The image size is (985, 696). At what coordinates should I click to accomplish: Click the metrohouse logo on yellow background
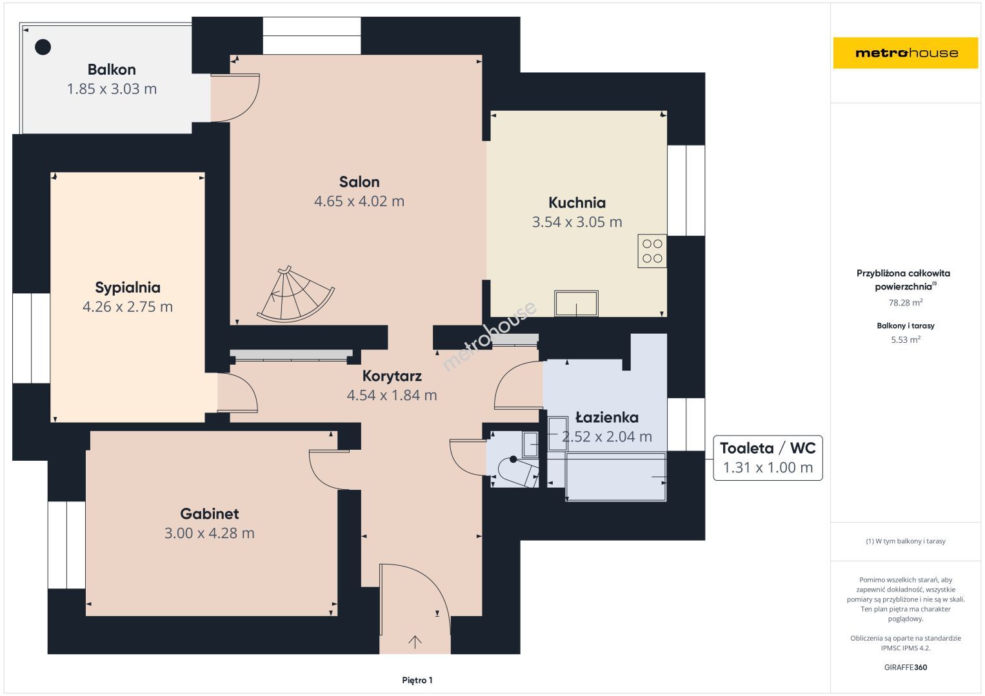(x=906, y=53)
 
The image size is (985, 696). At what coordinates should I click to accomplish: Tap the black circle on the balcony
(x=43, y=47)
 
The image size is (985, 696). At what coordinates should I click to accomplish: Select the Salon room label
(x=359, y=182)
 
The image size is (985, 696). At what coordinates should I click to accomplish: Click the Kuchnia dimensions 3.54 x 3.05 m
(x=577, y=222)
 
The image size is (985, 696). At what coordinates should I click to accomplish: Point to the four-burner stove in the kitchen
(x=652, y=251)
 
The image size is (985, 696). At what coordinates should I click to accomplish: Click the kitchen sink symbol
(x=576, y=303)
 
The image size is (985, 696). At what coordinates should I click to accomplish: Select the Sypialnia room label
(x=128, y=287)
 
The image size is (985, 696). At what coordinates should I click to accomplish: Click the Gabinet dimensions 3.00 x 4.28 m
(x=209, y=533)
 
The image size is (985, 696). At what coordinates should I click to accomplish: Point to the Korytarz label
(x=392, y=376)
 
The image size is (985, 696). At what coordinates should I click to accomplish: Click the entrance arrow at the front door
(x=415, y=642)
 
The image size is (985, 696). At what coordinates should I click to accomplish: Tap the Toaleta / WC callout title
(x=768, y=448)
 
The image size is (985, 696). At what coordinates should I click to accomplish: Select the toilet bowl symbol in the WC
(x=517, y=472)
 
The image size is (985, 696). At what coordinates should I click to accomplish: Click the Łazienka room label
(x=607, y=418)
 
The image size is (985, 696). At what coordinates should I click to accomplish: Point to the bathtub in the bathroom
(x=615, y=477)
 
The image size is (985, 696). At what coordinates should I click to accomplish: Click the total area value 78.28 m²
(x=906, y=303)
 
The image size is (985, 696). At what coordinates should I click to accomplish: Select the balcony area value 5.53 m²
(x=906, y=340)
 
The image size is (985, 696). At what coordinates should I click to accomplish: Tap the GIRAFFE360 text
(x=906, y=667)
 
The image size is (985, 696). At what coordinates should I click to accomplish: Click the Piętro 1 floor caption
(x=417, y=680)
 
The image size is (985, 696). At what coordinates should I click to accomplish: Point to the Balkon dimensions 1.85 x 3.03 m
(x=112, y=89)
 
